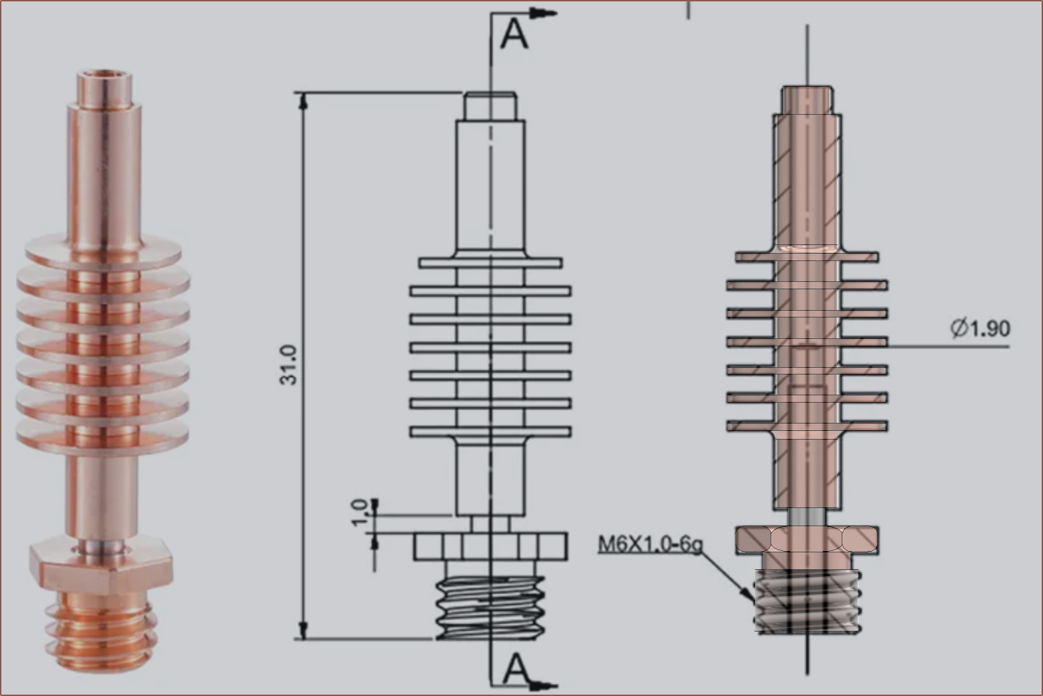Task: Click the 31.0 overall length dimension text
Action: point(289,364)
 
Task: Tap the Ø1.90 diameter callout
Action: point(981,328)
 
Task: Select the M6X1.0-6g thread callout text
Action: point(650,544)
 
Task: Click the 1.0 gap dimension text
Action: point(361,513)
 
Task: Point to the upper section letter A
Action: point(515,34)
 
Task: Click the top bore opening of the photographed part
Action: point(103,73)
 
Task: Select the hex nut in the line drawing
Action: point(491,546)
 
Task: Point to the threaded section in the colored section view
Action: point(807,601)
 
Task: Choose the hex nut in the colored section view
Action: point(807,540)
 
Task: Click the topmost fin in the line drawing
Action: point(491,262)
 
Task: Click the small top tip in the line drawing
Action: point(491,105)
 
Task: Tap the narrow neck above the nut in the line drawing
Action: point(491,523)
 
